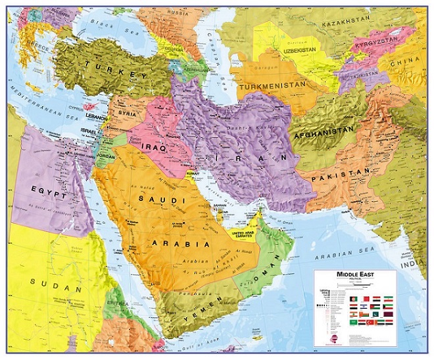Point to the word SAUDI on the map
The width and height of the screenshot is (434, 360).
150,196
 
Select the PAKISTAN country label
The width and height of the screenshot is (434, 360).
343,175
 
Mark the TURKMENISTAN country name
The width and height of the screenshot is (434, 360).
272,86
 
